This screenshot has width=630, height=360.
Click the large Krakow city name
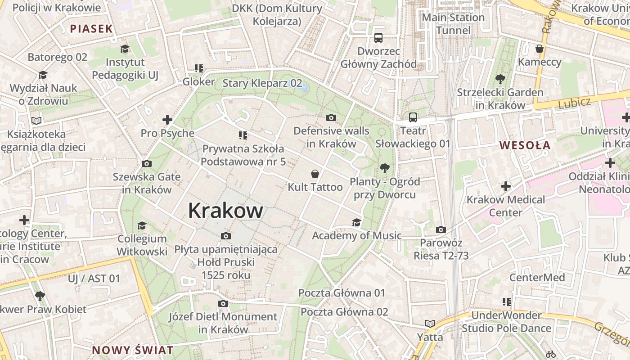[x=225, y=211]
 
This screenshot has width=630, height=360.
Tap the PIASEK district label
[x=91, y=29]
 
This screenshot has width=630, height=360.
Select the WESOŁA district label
[x=525, y=145]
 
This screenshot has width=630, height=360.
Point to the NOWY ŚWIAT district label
[x=133, y=350]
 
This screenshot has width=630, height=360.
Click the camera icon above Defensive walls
[x=331, y=118]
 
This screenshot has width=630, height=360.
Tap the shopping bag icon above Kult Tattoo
[x=315, y=174]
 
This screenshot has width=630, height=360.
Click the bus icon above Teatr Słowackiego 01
[x=413, y=117]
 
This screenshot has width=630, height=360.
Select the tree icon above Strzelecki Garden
[x=500, y=80]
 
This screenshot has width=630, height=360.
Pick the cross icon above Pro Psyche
[x=167, y=120]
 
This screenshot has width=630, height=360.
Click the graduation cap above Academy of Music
[x=356, y=222]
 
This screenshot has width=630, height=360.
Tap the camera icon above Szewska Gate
[x=146, y=163]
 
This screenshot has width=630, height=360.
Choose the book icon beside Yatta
[x=430, y=324]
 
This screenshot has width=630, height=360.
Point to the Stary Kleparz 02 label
[x=262, y=83]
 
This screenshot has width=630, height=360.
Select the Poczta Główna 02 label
[x=344, y=311]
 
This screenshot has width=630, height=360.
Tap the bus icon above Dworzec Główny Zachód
[x=378, y=38]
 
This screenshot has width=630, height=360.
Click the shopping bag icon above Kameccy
[x=540, y=49]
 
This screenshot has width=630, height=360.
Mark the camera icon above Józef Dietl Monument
[x=223, y=304]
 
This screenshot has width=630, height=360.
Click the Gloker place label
[x=198, y=82]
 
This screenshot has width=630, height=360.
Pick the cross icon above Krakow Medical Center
[x=505, y=186]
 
